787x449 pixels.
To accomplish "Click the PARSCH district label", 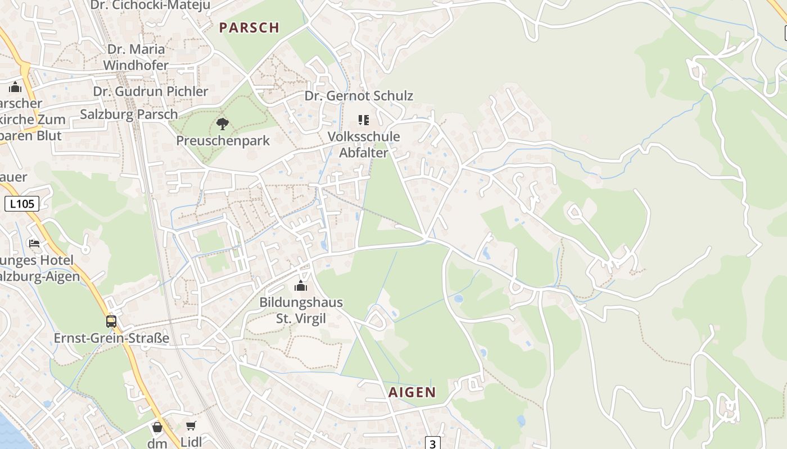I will coord(249,28).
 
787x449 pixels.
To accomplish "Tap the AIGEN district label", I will coord(412,392).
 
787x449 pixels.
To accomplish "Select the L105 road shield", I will coord(22,204).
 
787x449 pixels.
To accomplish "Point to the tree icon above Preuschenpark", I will coord(223,123).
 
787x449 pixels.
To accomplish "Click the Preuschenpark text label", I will coord(223,140).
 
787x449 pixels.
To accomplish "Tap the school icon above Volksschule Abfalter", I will coord(363,120).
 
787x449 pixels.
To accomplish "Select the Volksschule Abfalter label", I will coord(364,144).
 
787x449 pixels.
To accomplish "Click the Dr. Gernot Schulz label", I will coord(359,96).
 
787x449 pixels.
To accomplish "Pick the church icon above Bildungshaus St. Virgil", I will coord(301,286).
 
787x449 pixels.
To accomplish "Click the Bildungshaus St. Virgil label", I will coord(301,310).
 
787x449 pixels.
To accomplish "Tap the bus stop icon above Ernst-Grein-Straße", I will coord(111,321).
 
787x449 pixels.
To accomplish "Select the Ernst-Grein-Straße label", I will coord(111,338).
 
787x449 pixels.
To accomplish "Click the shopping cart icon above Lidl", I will coord(191,426).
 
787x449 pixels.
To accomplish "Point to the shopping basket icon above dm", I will coord(157,428).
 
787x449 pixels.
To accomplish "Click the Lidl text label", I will coord(191,442).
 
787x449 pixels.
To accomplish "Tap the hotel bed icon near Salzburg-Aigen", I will coord(34,243).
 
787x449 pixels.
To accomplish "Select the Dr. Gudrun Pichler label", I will coord(151,91).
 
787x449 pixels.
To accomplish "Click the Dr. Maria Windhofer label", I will coord(135,57).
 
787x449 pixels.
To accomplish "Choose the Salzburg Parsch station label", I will coord(129,114).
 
